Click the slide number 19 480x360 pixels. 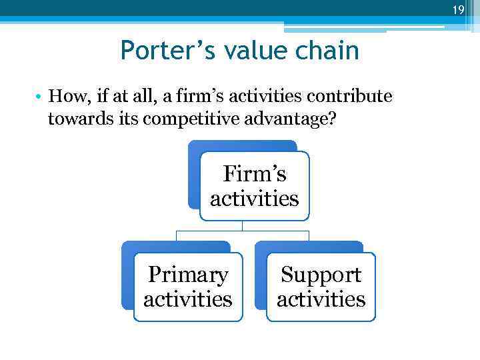457,9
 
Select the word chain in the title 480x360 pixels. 330,50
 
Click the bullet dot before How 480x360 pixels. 40,97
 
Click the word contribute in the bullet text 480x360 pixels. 349,97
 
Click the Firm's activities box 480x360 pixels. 254,186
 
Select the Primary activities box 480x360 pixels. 187,287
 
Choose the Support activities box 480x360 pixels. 321,287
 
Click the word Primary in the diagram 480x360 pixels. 187,275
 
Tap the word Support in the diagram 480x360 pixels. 321,275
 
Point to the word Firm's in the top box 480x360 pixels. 254,174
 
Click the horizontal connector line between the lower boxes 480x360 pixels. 242,231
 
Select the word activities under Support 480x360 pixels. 321,299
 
